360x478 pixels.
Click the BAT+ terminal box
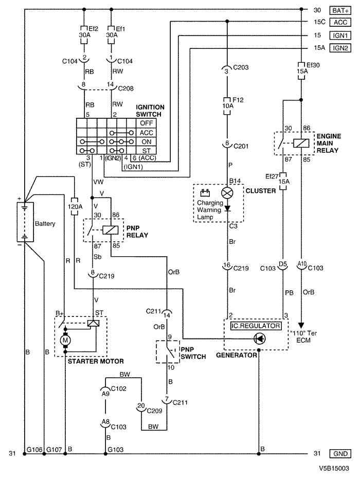pyautogui.click(x=340, y=11)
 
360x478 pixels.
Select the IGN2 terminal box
pyautogui.click(x=340, y=48)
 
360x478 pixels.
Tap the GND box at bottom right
pyautogui.click(x=340, y=454)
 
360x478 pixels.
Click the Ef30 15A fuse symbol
pyautogui.click(x=301, y=71)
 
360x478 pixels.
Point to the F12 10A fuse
pyautogui.click(x=227, y=106)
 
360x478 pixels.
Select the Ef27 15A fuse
pyautogui.click(x=283, y=182)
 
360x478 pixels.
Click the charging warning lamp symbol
pyautogui.click(x=227, y=192)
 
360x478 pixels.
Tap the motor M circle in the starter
pyautogui.click(x=65, y=340)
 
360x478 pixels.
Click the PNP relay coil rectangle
pyautogui.click(x=111, y=230)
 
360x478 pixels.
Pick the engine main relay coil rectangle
pyautogui.click(x=301, y=143)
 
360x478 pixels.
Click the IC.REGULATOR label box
pyautogui.click(x=256, y=326)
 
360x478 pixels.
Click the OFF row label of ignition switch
pyautogui.click(x=147, y=123)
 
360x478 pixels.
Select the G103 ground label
pyautogui.click(x=116, y=449)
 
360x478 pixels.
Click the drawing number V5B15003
pyautogui.click(x=334, y=468)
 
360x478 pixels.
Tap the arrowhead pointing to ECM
pyautogui.click(x=301, y=325)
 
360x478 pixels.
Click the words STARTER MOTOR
pyautogui.click(x=96, y=361)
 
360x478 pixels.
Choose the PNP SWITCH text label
pyautogui.click(x=193, y=353)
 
